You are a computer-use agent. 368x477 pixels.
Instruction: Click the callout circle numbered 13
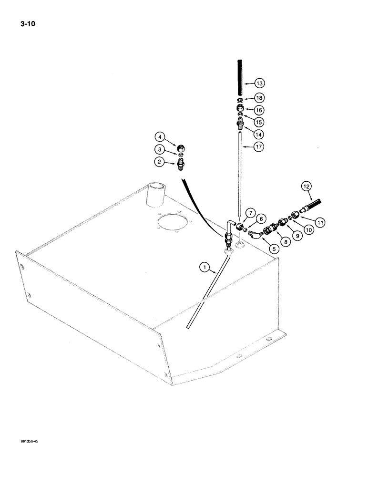[259, 83]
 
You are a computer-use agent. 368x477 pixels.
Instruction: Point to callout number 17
[259, 147]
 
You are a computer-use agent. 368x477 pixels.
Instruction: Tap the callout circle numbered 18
[259, 97]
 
